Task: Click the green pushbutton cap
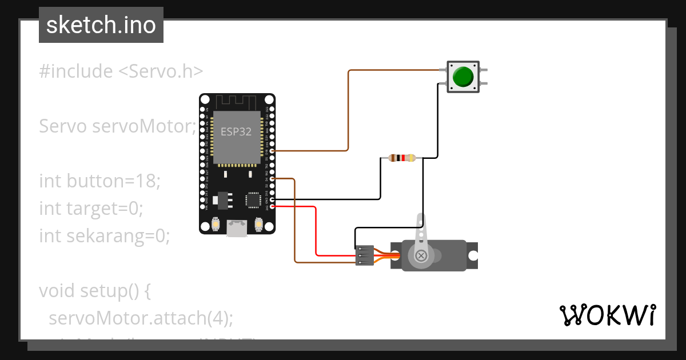[x=462, y=77]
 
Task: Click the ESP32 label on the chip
[x=236, y=131]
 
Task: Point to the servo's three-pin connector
[x=364, y=255]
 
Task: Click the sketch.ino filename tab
[x=101, y=25]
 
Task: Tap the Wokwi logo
[x=607, y=315]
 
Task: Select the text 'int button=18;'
[x=100, y=181]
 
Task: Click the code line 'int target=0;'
[x=90, y=209]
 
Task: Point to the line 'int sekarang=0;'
[x=104, y=235]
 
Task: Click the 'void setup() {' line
[x=95, y=291]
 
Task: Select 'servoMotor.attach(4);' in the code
[x=141, y=318]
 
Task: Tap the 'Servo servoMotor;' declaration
[x=117, y=126]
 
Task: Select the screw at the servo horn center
[x=421, y=255]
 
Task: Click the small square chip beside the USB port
[x=253, y=200]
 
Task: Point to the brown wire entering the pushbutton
[x=394, y=70]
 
